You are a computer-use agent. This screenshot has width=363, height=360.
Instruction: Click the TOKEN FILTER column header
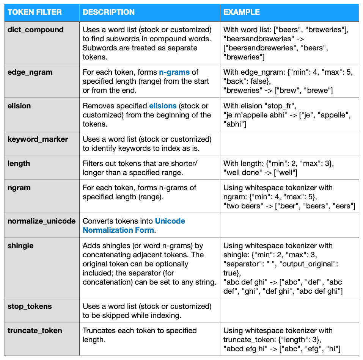point(35,12)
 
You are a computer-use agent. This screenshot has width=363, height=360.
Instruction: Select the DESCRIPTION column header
point(108,12)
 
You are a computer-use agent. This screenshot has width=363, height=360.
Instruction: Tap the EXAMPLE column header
point(241,12)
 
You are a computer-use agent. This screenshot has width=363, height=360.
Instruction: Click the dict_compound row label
point(36,30)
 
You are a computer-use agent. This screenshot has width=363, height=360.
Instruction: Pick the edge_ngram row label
point(30,72)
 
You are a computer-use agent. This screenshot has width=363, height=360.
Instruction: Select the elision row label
point(19,106)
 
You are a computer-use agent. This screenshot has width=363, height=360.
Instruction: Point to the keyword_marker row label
point(38,139)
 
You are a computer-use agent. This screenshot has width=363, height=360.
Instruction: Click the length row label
point(19,163)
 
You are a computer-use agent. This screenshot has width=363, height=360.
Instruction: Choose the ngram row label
point(19,188)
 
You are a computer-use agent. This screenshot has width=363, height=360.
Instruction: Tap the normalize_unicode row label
point(42,221)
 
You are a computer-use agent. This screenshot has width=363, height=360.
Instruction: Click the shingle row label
point(20,246)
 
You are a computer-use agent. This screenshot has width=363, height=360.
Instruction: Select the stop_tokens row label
point(30,306)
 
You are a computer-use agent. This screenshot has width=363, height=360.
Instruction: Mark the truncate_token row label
point(35,330)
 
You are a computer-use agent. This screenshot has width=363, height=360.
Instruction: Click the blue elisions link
point(163,106)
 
